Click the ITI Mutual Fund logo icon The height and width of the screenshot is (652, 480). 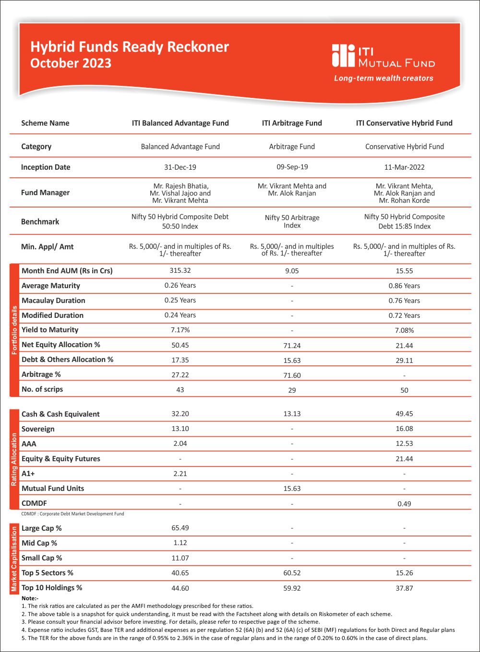(343, 56)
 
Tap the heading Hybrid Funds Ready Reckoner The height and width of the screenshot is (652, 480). (130, 47)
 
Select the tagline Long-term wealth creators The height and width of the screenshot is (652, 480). (384, 78)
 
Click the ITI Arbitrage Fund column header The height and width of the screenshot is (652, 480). (292, 123)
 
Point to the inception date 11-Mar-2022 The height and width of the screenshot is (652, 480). (404, 167)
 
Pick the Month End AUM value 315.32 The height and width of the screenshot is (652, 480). (180, 270)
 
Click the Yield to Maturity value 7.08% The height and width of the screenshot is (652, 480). (404, 330)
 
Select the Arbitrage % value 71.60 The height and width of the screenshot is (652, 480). (292, 375)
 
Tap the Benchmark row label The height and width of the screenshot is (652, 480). (40, 221)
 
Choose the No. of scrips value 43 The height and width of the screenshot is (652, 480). (180, 390)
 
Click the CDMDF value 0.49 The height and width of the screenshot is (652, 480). (404, 504)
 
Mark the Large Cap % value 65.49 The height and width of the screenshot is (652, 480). (180, 528)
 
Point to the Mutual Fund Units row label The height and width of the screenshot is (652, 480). (53, 488)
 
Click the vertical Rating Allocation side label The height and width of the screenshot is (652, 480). (14, 459)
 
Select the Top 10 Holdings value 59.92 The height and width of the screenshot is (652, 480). (292, 588)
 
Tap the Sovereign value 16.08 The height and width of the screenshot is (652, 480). (404, 429)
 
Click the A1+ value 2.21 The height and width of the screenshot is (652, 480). (180, 474)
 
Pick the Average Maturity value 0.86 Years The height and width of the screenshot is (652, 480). (404, 286)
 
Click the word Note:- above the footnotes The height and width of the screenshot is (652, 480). (30, 598)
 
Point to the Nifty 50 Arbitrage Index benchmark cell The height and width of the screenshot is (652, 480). (292, 221)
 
